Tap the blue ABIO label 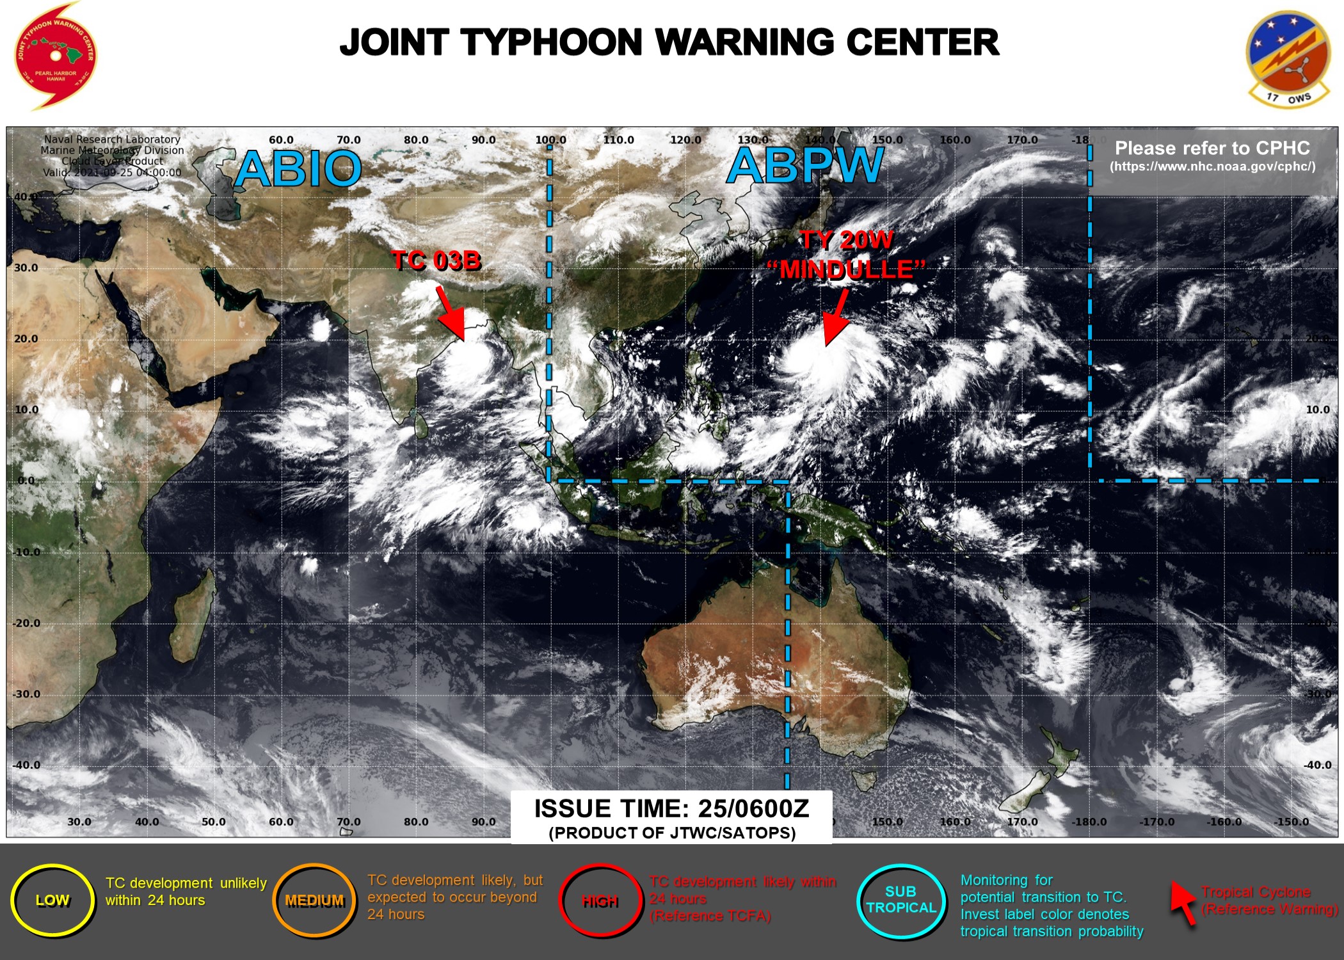298,169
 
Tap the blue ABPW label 805,166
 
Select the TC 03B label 436,260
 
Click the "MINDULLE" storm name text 846,269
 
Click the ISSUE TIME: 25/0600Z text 671,809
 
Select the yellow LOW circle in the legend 52,900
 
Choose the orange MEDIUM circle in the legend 314,900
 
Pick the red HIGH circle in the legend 600,901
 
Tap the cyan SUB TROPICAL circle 900,900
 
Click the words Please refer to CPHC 1212,148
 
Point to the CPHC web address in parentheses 1212,167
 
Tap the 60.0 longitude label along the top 281,140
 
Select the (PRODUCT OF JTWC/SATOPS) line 671,833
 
